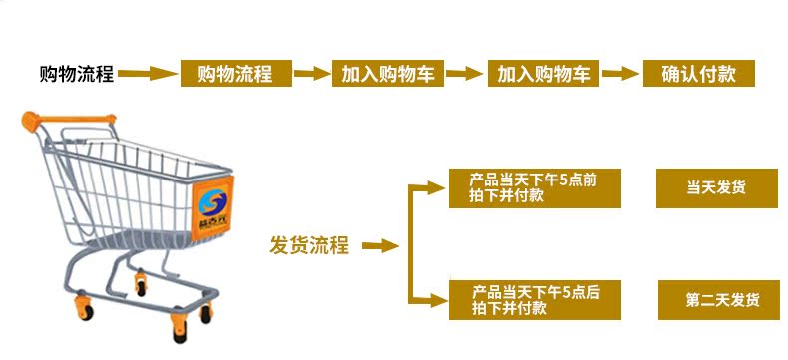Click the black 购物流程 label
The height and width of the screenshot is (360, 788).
pyautogui.click(x=77, y=75)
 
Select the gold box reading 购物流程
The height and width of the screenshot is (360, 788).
pyautogui.click(x=236, y=74)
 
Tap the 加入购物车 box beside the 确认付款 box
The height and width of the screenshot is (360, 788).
pyautogui.click(x=544, y=74)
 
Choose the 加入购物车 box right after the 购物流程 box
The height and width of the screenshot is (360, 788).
pyautogui.click(x=387, y=74)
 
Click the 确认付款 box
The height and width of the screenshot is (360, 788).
pyautogui.click(x=699, y=74)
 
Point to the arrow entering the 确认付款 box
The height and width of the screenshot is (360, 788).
pyautogui.click(x=621, y=74)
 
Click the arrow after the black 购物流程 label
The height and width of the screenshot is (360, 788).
pyautogui.click(x=148, y=74)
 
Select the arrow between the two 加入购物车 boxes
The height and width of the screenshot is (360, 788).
pyautogui.click(x=465, y=74)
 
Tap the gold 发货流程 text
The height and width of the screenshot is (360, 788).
pyautogui.click(x=309, y=245)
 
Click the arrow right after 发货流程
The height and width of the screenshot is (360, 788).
pyautogui.click(x=380, y=246)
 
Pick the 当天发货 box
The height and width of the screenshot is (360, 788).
pyautogui.click(x=717, y=188)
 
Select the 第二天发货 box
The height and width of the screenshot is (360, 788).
pyautogui.click(x=718, y=300)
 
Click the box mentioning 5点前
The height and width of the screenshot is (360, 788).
pyautogui.click(x=535, y=188)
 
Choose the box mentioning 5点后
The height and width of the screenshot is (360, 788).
pyautogui.click(x=535, y=300)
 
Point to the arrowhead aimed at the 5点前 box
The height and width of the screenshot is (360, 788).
pyautogui.click(x=436, y=188)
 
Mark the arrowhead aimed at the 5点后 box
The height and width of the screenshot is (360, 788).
pyautogui.click(x=436, y=301)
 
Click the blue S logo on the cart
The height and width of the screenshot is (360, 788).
pyautogui.click(x=212, y=204)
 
